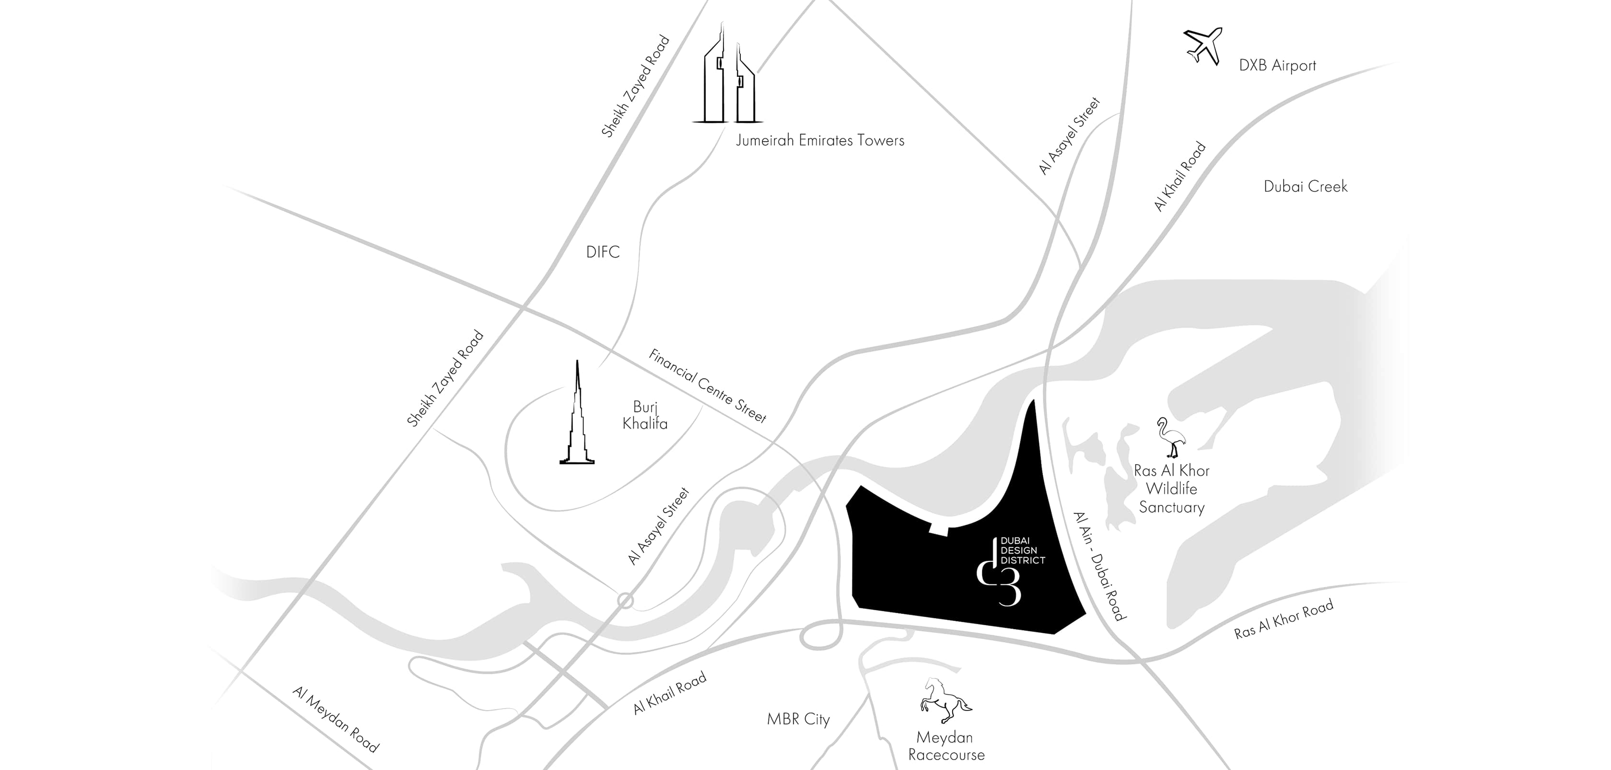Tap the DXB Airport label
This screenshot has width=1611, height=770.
tap(1277, 66)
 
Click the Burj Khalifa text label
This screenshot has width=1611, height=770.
tap(645, 415)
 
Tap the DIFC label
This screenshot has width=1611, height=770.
tap(603, 252)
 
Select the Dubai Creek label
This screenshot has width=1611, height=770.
tap(1305, 187)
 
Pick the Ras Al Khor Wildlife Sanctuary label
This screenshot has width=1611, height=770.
tap(1171, 489)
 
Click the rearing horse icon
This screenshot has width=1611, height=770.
tap(945, 704)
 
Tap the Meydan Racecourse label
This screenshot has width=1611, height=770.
tap(946, 746)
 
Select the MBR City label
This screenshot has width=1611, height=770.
tap(798, 719)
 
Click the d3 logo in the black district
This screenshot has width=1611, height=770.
tap(1000, 582)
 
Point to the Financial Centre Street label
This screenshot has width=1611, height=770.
tap(707, 386)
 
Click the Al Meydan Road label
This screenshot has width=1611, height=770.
tap(336, 719)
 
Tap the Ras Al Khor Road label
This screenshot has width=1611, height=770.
tap(1284, 618)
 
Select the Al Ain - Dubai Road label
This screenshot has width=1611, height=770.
tap(1099, 566)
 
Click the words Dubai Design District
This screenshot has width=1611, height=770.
tap(1023, 550)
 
